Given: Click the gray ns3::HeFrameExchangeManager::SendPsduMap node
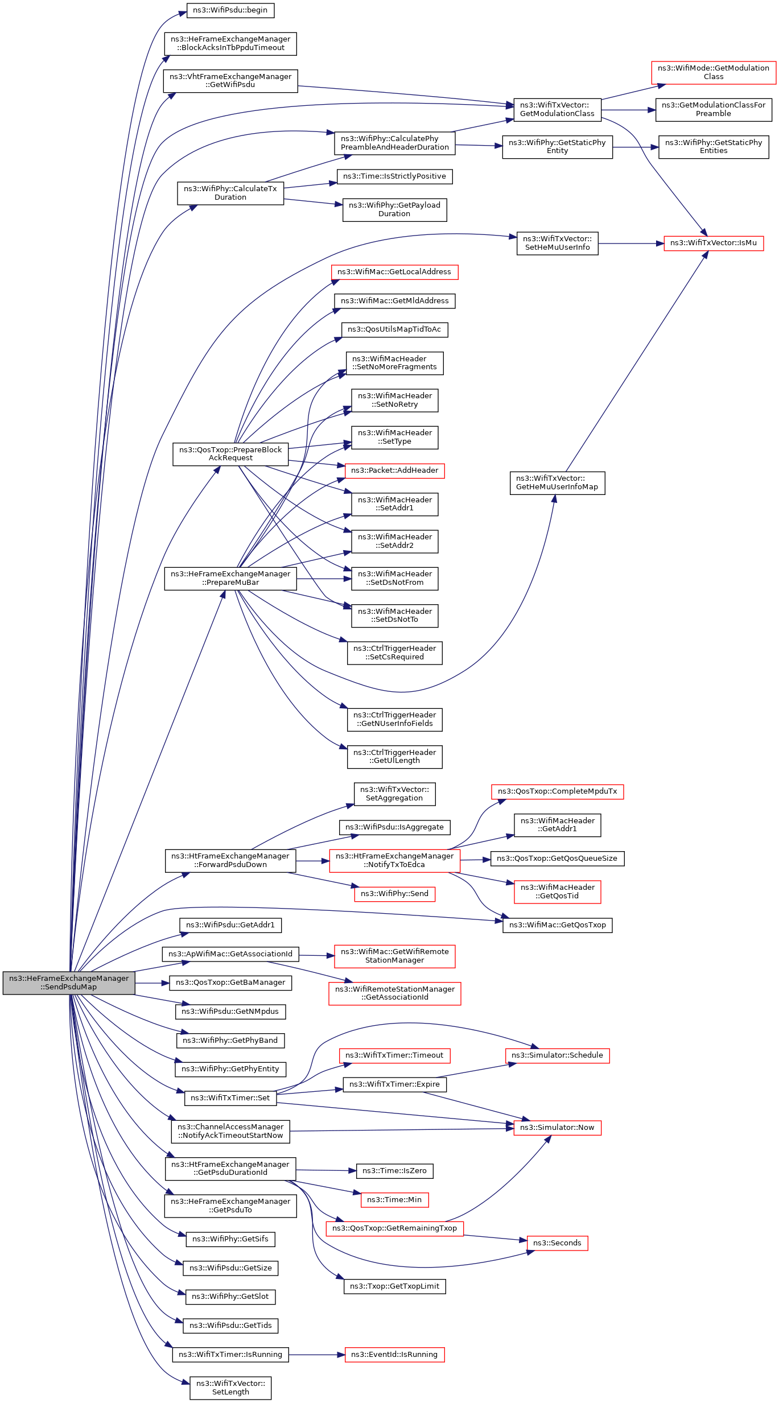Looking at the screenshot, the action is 69,983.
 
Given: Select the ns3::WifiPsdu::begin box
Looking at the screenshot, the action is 230,10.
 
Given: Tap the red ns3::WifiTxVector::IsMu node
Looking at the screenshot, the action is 714,243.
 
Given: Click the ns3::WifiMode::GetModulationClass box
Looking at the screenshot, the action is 714,72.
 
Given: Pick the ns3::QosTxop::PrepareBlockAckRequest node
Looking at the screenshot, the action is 230,454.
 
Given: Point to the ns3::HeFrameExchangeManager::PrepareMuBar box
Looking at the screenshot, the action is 230,579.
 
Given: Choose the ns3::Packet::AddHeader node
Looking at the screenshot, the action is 394,471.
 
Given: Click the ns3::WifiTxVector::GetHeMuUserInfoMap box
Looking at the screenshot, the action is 557,483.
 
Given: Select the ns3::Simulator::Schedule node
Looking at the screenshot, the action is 557,1055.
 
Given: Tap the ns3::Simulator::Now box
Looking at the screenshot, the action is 557,1128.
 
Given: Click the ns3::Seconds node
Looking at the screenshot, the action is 557,1243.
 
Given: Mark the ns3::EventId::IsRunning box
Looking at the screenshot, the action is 394,1355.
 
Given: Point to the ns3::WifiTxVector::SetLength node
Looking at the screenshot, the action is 230,1388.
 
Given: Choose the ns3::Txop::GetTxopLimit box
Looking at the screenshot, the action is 394,1286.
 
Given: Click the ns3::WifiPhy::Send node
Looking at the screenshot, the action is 394,894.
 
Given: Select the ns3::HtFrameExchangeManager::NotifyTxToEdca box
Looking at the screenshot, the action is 394,861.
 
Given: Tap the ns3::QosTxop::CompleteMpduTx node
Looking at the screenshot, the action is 557,791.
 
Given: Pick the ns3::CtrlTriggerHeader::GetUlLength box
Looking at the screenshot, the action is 394,757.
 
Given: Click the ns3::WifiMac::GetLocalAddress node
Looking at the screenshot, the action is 394,272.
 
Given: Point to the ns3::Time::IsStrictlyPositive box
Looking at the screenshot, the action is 394,176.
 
